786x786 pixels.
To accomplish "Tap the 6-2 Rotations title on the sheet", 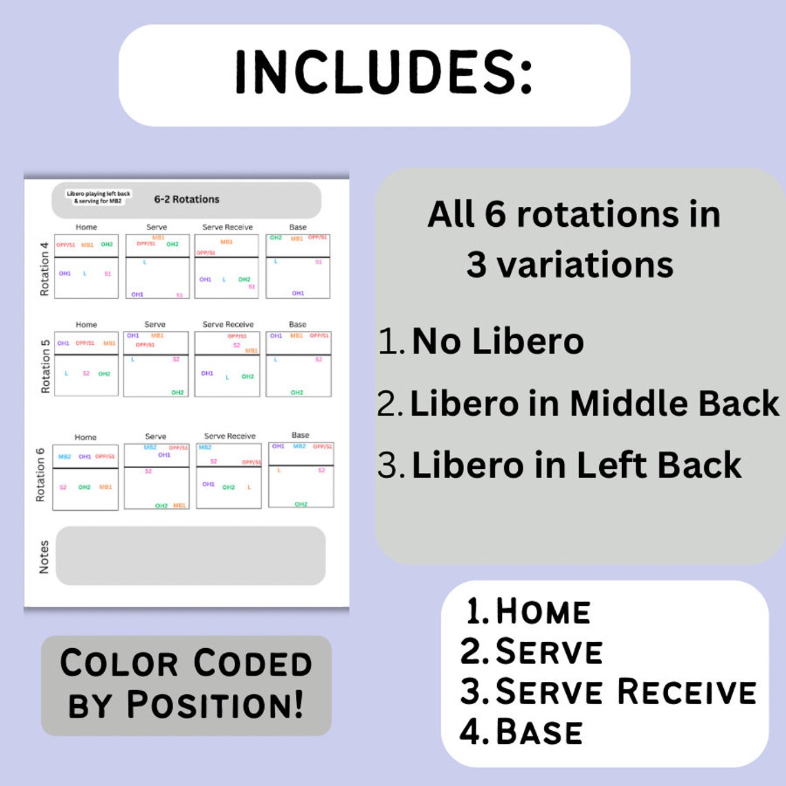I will point(187,199).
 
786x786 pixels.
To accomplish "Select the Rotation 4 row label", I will point(45,269).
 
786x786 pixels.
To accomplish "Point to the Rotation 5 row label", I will point(46,366).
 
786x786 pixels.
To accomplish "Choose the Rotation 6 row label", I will point(40,475).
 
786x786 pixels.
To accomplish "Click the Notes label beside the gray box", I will point(44,557).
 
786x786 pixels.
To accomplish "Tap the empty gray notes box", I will point(190,556).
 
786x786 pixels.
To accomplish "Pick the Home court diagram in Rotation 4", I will point(86,266).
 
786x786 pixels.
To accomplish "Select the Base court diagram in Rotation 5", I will point(299,364).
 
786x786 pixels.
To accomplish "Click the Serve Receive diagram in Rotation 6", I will point(229,476).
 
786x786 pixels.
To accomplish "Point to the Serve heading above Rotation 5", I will point(155,324).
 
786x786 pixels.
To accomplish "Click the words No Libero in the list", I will point(498,341).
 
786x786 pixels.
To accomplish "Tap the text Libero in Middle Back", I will point(594,403).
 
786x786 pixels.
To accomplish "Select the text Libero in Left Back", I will point(576,465).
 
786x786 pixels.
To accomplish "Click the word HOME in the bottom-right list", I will point(543,612).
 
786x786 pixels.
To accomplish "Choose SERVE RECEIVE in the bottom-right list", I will point(625,692).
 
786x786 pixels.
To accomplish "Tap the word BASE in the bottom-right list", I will point(539,732).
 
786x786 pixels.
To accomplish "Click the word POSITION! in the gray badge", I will point(214,705).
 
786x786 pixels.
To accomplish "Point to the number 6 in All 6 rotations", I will point(495,214).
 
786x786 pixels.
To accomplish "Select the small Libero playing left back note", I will point(99,197).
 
